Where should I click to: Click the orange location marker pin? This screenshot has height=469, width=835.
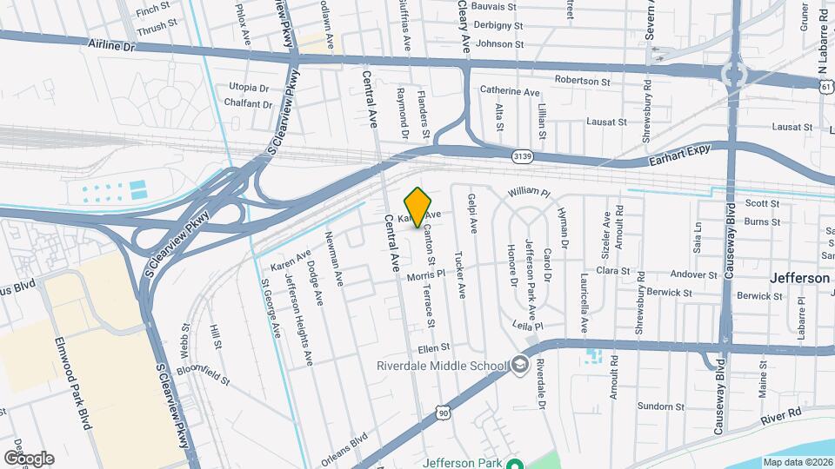point(417,207)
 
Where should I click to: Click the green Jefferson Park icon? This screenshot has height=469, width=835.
point(514,464)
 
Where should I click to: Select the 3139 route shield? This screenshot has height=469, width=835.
point(522,156)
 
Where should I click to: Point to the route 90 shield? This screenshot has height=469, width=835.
point(444,414)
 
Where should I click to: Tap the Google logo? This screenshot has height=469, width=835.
point(28,458)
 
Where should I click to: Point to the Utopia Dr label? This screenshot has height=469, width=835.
point(249,88)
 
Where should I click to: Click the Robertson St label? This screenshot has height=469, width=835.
point(583,80)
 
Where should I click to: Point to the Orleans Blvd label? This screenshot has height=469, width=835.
point(345,451)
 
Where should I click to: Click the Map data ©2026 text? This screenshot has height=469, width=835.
point(798,462)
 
